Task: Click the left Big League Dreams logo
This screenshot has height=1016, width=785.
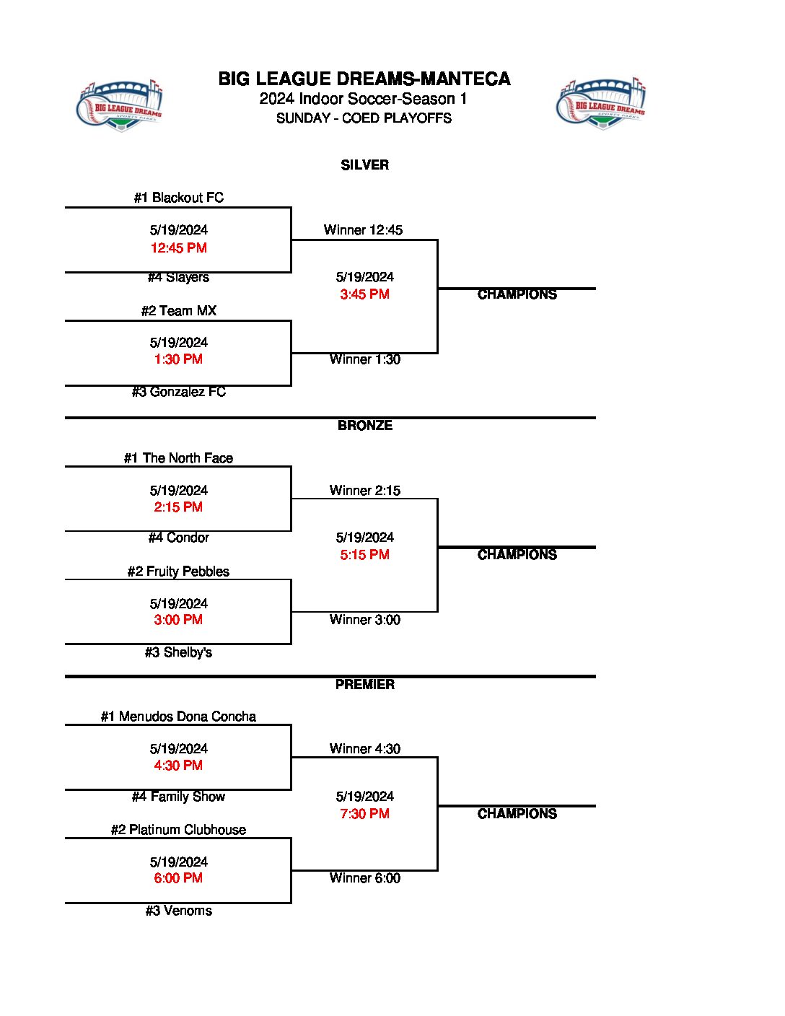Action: pyautogui.click(x=120, y=105)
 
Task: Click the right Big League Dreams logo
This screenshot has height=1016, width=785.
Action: pyautogui.click(x=601, y=104)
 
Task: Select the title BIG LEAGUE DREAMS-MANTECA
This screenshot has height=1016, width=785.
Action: pyautogui.click(x=364, y=79)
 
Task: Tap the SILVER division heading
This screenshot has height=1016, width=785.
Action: pyautogui.click(x=364, y=165)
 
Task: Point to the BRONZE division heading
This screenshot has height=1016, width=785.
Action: pyautogui.click(x=364, y=426)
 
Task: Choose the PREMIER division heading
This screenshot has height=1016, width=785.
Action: pyautogui.click(x=364, y=685)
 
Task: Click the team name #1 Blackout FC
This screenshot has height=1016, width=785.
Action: pyautogui.click(x=178, y=198)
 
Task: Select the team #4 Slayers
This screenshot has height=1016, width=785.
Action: pyautogui.click(x=178, y=277)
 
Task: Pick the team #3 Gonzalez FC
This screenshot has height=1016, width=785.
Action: pyautogui.click(x=178, y=392)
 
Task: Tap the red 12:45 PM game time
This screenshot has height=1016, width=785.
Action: pyautogui.click(x=178, y=248)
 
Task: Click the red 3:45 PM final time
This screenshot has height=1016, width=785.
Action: pyautogui.click(x=364, y=294)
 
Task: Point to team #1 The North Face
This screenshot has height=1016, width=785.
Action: pyautogui.click(x=178, y=458)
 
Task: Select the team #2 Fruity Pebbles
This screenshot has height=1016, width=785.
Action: pyautogui.click(x=178, y=571)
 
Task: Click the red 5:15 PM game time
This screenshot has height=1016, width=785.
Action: pyautogui.click(x=364, y=555)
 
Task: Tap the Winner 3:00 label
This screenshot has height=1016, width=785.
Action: pyautogui.click(x=364, y=620)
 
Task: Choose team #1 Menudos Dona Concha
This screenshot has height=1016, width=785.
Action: pyautogui.click(x=178, y=717)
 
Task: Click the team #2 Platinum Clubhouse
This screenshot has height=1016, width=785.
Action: pyautogui.click(x=178, y=830)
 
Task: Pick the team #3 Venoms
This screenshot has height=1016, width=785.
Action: pyautogui.click(x=178, y=911)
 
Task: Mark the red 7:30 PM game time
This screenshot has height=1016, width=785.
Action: pyautogui.click(x=364, y=814)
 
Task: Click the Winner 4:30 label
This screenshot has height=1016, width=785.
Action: pyautogui.click(x=364, y=749)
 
